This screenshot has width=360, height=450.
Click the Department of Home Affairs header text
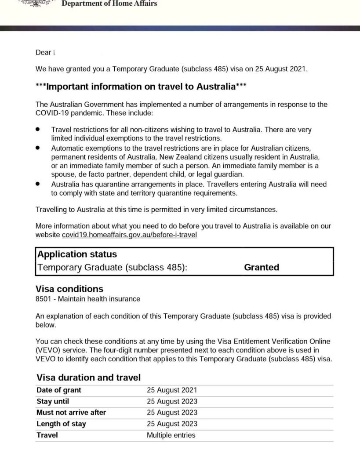(109, 4)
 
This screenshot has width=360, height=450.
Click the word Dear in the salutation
(43, 53)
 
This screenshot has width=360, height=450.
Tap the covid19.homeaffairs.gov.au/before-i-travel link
(129, 235)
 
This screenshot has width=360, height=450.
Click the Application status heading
(77, 254)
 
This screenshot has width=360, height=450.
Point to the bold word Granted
(262, 267)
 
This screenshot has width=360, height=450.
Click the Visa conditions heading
(69, 289)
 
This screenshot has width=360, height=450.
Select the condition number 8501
(43, 299)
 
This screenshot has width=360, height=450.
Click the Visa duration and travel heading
(88, 377)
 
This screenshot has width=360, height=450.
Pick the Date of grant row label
(59, 390)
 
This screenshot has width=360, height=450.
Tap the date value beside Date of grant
(172, 390)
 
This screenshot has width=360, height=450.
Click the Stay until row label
(53, 401)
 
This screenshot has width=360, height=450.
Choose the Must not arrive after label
(71, 413)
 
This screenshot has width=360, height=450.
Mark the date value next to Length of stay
(172, 424)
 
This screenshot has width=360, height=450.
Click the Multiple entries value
(171, 435)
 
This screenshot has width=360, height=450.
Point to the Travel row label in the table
(47, 435)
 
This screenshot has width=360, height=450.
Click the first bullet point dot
(38, 130)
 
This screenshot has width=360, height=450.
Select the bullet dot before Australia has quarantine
(38, 184)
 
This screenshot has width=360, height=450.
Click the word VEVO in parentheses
(46, 350)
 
